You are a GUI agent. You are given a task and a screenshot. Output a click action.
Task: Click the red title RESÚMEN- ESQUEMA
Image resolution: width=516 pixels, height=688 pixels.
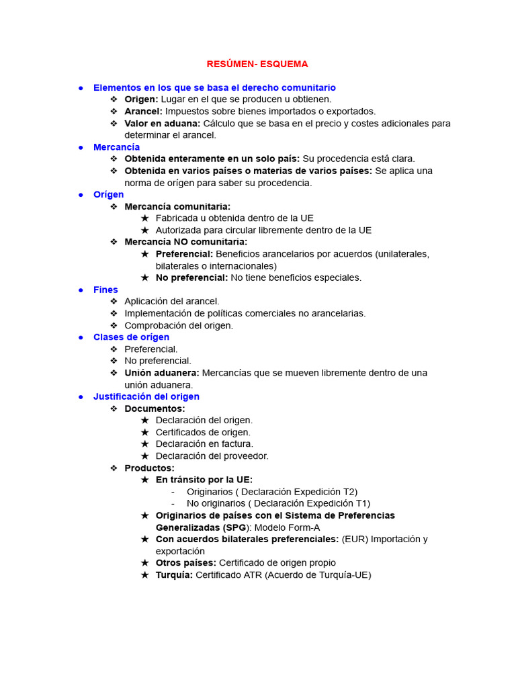coord(257,64)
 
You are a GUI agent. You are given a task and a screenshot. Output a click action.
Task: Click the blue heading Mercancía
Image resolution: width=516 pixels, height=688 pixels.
coord(116,146)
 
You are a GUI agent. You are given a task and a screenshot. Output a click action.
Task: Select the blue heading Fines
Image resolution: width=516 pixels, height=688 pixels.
coord(105,290)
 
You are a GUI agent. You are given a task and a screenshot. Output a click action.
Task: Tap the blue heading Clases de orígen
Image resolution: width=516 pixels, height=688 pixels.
coord(131,337)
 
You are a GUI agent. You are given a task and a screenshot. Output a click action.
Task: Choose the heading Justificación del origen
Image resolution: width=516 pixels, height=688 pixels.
coord(146,396)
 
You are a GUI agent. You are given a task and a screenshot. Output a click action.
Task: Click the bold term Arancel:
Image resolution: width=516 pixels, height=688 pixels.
coord(143,111)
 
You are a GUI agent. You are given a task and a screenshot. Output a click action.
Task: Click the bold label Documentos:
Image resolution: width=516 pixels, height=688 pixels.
coord(155,408)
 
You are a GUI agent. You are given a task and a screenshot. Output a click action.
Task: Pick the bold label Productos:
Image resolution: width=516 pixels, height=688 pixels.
coord(149,468)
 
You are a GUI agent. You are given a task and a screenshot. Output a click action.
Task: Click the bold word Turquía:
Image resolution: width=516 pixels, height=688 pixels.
coord(174,574)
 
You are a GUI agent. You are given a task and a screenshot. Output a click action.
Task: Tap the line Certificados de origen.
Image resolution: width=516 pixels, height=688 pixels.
coord(203,432)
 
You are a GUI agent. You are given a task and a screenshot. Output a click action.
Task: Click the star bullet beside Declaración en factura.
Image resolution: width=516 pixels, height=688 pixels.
coord(144,443)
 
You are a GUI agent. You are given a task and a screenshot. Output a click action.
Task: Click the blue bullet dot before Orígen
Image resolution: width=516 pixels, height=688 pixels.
coord(80,194)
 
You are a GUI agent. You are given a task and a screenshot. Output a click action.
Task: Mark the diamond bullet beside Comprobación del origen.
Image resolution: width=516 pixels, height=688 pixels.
coord(114,325)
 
